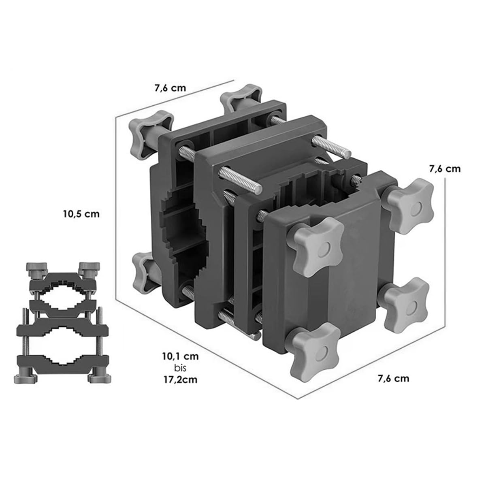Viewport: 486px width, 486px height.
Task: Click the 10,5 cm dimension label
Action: pos(81,214)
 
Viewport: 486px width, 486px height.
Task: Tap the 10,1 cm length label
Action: pos(181,357)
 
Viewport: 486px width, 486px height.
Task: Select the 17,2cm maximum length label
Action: pos(181,379)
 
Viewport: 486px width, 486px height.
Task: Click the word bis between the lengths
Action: pos(180,368)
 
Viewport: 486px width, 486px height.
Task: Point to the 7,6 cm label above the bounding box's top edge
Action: pos(170,88)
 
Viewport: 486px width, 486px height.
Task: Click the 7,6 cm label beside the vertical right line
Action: pos(445,169)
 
